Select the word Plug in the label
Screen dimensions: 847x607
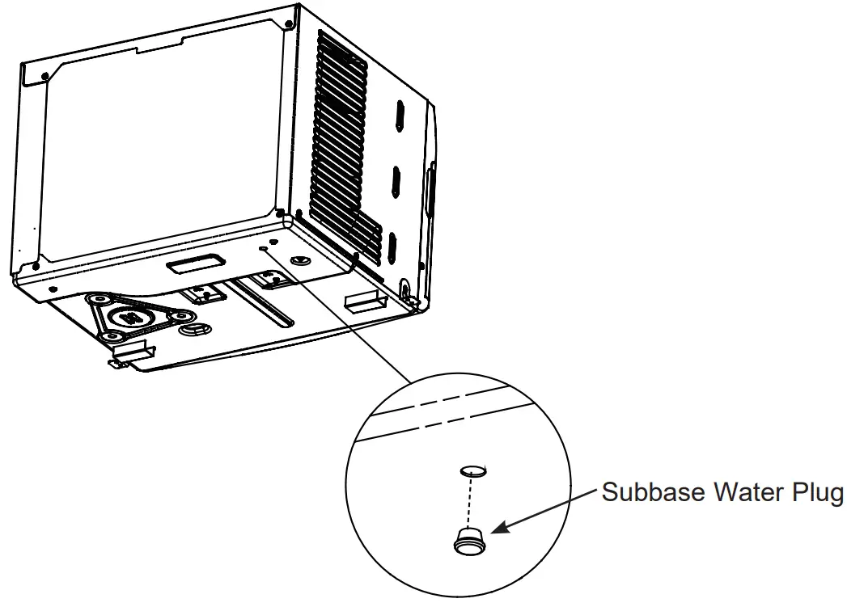point(818,493)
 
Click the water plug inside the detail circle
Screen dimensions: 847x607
point(468,540)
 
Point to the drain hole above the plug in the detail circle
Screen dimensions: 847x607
point(472,470)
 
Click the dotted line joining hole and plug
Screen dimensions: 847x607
point(470,501)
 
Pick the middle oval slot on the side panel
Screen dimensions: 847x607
point(396,179)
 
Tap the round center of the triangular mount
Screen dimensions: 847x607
point(128,317)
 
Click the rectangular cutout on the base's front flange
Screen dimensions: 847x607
point(193,263)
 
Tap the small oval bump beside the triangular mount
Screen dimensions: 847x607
point(195,330)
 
